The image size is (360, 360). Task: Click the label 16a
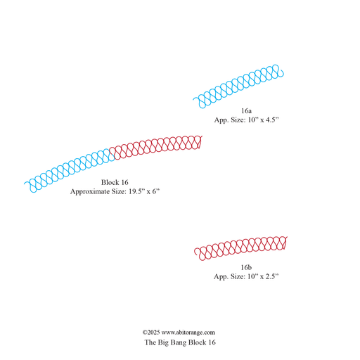tap(246, 110)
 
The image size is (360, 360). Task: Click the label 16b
tap(246, 267)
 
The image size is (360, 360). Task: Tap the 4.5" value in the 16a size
tap(272, 120)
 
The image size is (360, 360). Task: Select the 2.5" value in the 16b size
tap(272, 276)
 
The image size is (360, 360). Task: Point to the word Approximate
tap(90, 192)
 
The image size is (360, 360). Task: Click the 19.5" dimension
tap(136, 191)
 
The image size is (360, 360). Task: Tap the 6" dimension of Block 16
tap(156, 191)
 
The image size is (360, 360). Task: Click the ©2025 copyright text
tap(151, 333)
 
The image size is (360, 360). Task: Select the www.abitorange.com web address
tap(188, 333)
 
